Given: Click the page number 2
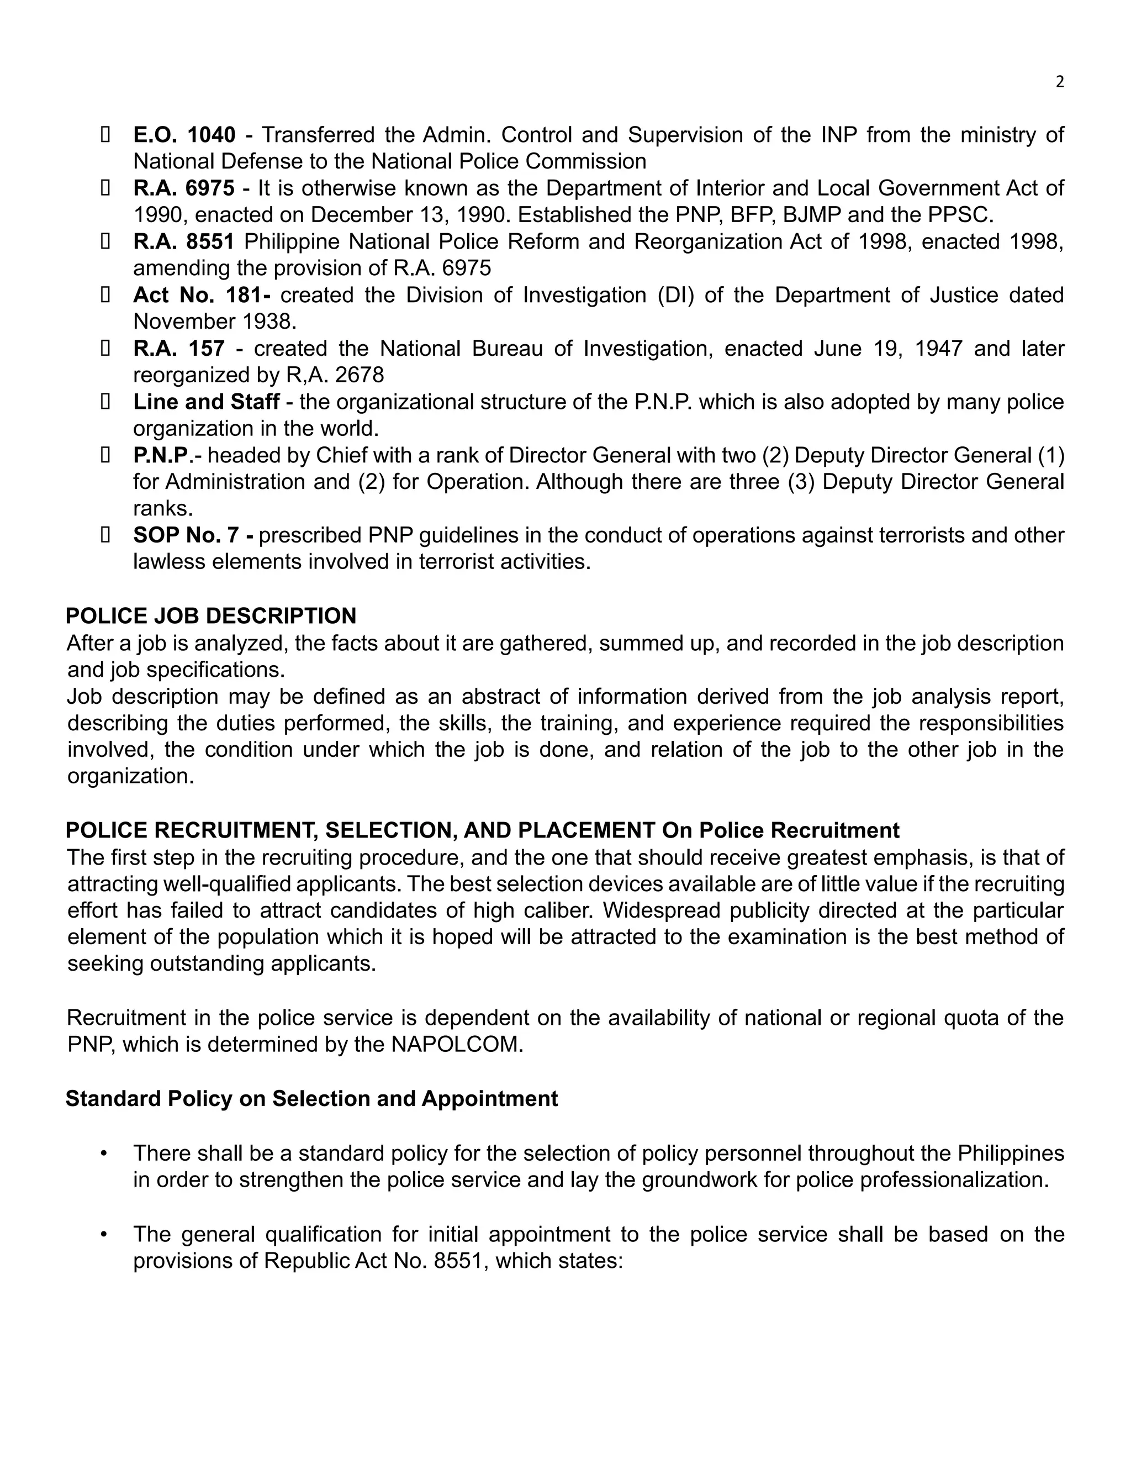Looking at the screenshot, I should click(1059, 82).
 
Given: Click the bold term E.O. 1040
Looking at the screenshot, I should click(184, 135).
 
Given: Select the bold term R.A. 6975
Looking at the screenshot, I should click(183, 188).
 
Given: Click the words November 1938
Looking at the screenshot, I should click(214, 322).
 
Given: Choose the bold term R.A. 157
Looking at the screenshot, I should click(179, 349).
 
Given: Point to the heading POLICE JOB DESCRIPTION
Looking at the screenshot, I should click(211, 616).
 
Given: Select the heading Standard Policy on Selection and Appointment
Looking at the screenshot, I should click(311, 1099).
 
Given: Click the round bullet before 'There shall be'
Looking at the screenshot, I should click(103, 1154).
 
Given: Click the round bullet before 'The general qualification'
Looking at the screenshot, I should click(103, 1235).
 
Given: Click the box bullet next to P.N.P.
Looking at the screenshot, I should click(105, 456).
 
